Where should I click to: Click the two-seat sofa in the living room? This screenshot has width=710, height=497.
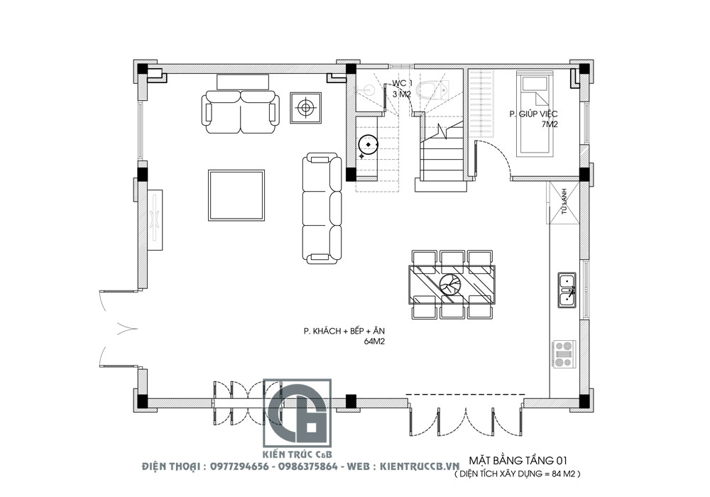pos(240,111)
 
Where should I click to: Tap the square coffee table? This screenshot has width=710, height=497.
pos(236,195)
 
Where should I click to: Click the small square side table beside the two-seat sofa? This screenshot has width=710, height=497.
pos(305,108)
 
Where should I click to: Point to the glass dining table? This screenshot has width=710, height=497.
pos(452,284)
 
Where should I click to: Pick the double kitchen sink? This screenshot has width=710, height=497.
pos(567,290)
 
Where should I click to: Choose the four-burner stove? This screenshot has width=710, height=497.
pos(564,354)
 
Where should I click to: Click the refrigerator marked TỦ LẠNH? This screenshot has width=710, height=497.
pos(563,203)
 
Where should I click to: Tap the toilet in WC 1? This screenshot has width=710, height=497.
pos(432,90)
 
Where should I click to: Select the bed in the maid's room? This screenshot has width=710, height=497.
pos(535,115)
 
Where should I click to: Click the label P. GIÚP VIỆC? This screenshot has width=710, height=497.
pos(533,114)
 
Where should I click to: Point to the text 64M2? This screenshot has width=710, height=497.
pos(374,342)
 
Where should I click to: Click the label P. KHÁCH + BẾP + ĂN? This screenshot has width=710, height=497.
pos(344,331)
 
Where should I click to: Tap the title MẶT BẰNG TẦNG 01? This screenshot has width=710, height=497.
pos(518,461)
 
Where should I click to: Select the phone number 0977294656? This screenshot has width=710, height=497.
pos(239,466)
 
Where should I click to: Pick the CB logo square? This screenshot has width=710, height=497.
pos(297,413)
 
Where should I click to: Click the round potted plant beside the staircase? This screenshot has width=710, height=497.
pos(368,145)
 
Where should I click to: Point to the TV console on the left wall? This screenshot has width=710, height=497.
pos(155,220)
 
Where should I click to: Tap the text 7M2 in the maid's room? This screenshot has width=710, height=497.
pos(550,124)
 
